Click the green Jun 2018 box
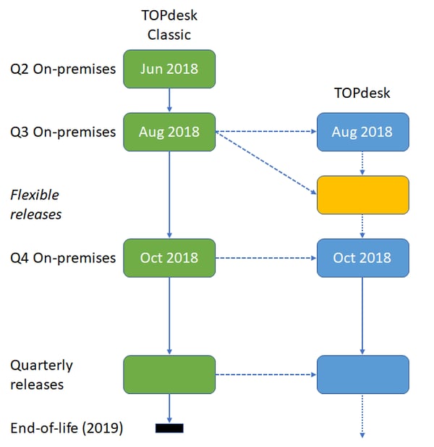coord(169,69)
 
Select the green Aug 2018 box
coord(169,132)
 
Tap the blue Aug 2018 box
coord(363,132)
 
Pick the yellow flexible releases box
coord(363,195)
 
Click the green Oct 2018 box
coord(169,258)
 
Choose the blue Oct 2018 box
coord(363,258)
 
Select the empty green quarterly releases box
coord(169,375)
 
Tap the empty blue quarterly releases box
coord(363,375)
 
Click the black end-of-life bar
coord(169,428)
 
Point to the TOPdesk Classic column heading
coord(169,25)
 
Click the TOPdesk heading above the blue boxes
coord(362,93)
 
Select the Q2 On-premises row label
coord(63,70)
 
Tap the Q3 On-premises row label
coord(63,133)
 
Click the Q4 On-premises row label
coord(63,259)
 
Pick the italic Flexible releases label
coord(36,205)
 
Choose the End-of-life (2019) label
coord(67,428)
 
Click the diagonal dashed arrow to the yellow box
coord(266,163)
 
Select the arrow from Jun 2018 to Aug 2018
coord(169,100)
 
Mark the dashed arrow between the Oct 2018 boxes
coord(266,259)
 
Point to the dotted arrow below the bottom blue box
coord(362,417)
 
